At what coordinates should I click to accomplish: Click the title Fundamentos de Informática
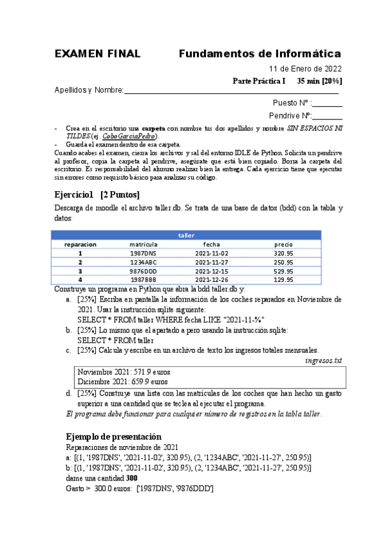[260, 53]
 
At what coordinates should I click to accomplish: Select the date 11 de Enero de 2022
[305, 69]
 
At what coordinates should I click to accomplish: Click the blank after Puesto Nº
[327, 103]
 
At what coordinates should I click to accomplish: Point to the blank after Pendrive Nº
[327, 116]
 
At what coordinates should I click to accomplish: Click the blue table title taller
[185, 235]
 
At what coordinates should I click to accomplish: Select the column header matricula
[143, 244]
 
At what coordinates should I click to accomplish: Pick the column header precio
[283, 244]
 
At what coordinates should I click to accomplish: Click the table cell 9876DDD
[143, 270]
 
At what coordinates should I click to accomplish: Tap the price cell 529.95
[283, 270]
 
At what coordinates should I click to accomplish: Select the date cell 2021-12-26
[212, 279]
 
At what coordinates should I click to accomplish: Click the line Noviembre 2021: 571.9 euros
[123, 371]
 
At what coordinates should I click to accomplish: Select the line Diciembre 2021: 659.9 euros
[122, 381]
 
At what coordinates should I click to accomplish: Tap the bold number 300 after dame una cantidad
[132, 477]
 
